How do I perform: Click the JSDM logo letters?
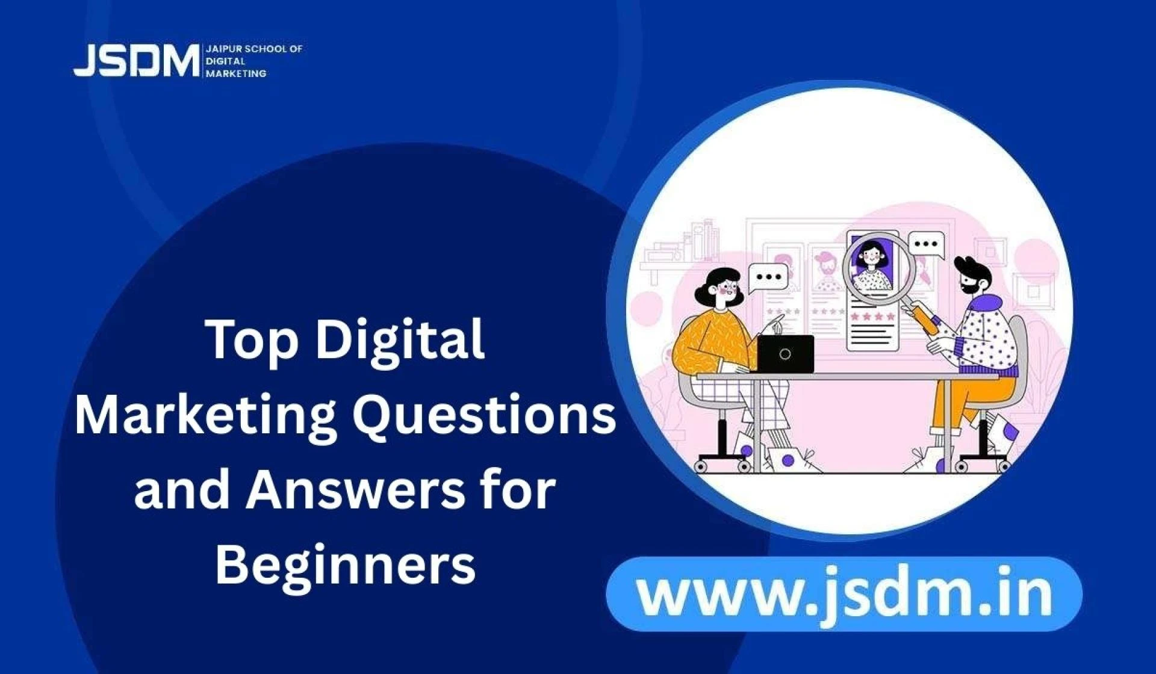(x=136, y=61)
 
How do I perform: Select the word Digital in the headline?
(x=400, y=339)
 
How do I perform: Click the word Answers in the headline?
(x=355, y=489)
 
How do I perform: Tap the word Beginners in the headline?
(x=346, y=566)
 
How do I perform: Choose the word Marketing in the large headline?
(x=205, y=416)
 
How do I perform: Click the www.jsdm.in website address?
(x=844, y=593)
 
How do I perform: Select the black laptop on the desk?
(x=785, y=354)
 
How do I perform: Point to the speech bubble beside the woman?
(x=768, y=278)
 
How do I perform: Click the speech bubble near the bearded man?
(x=926, y=245)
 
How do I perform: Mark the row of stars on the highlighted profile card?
(x=872, y=315)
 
